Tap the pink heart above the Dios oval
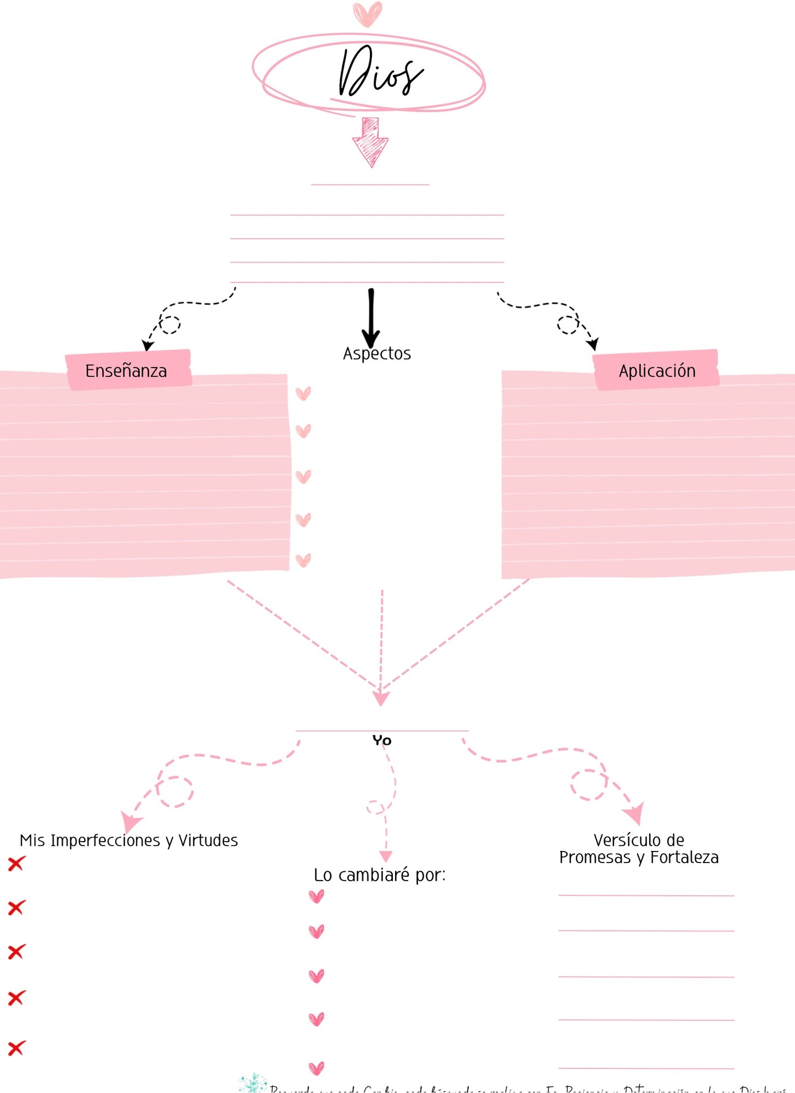pos(367,14)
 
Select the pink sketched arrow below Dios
pos(370,142)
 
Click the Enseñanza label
pos(126,371)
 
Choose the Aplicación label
pos(657,371)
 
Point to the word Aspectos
pos(377,354)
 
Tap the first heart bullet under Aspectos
pos(303,393)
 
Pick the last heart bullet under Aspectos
pos(303,561)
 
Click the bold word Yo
pos(382,740)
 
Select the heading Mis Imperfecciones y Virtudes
pos(129,841)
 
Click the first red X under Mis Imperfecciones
pos(17,864)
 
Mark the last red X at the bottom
pos(17,1048)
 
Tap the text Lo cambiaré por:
pos(380,875)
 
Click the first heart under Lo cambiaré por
pos(316,897)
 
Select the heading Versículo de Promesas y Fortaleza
pos(639,849)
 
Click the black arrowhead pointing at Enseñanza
pos(147,345)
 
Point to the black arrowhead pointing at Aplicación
pos(593,345)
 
